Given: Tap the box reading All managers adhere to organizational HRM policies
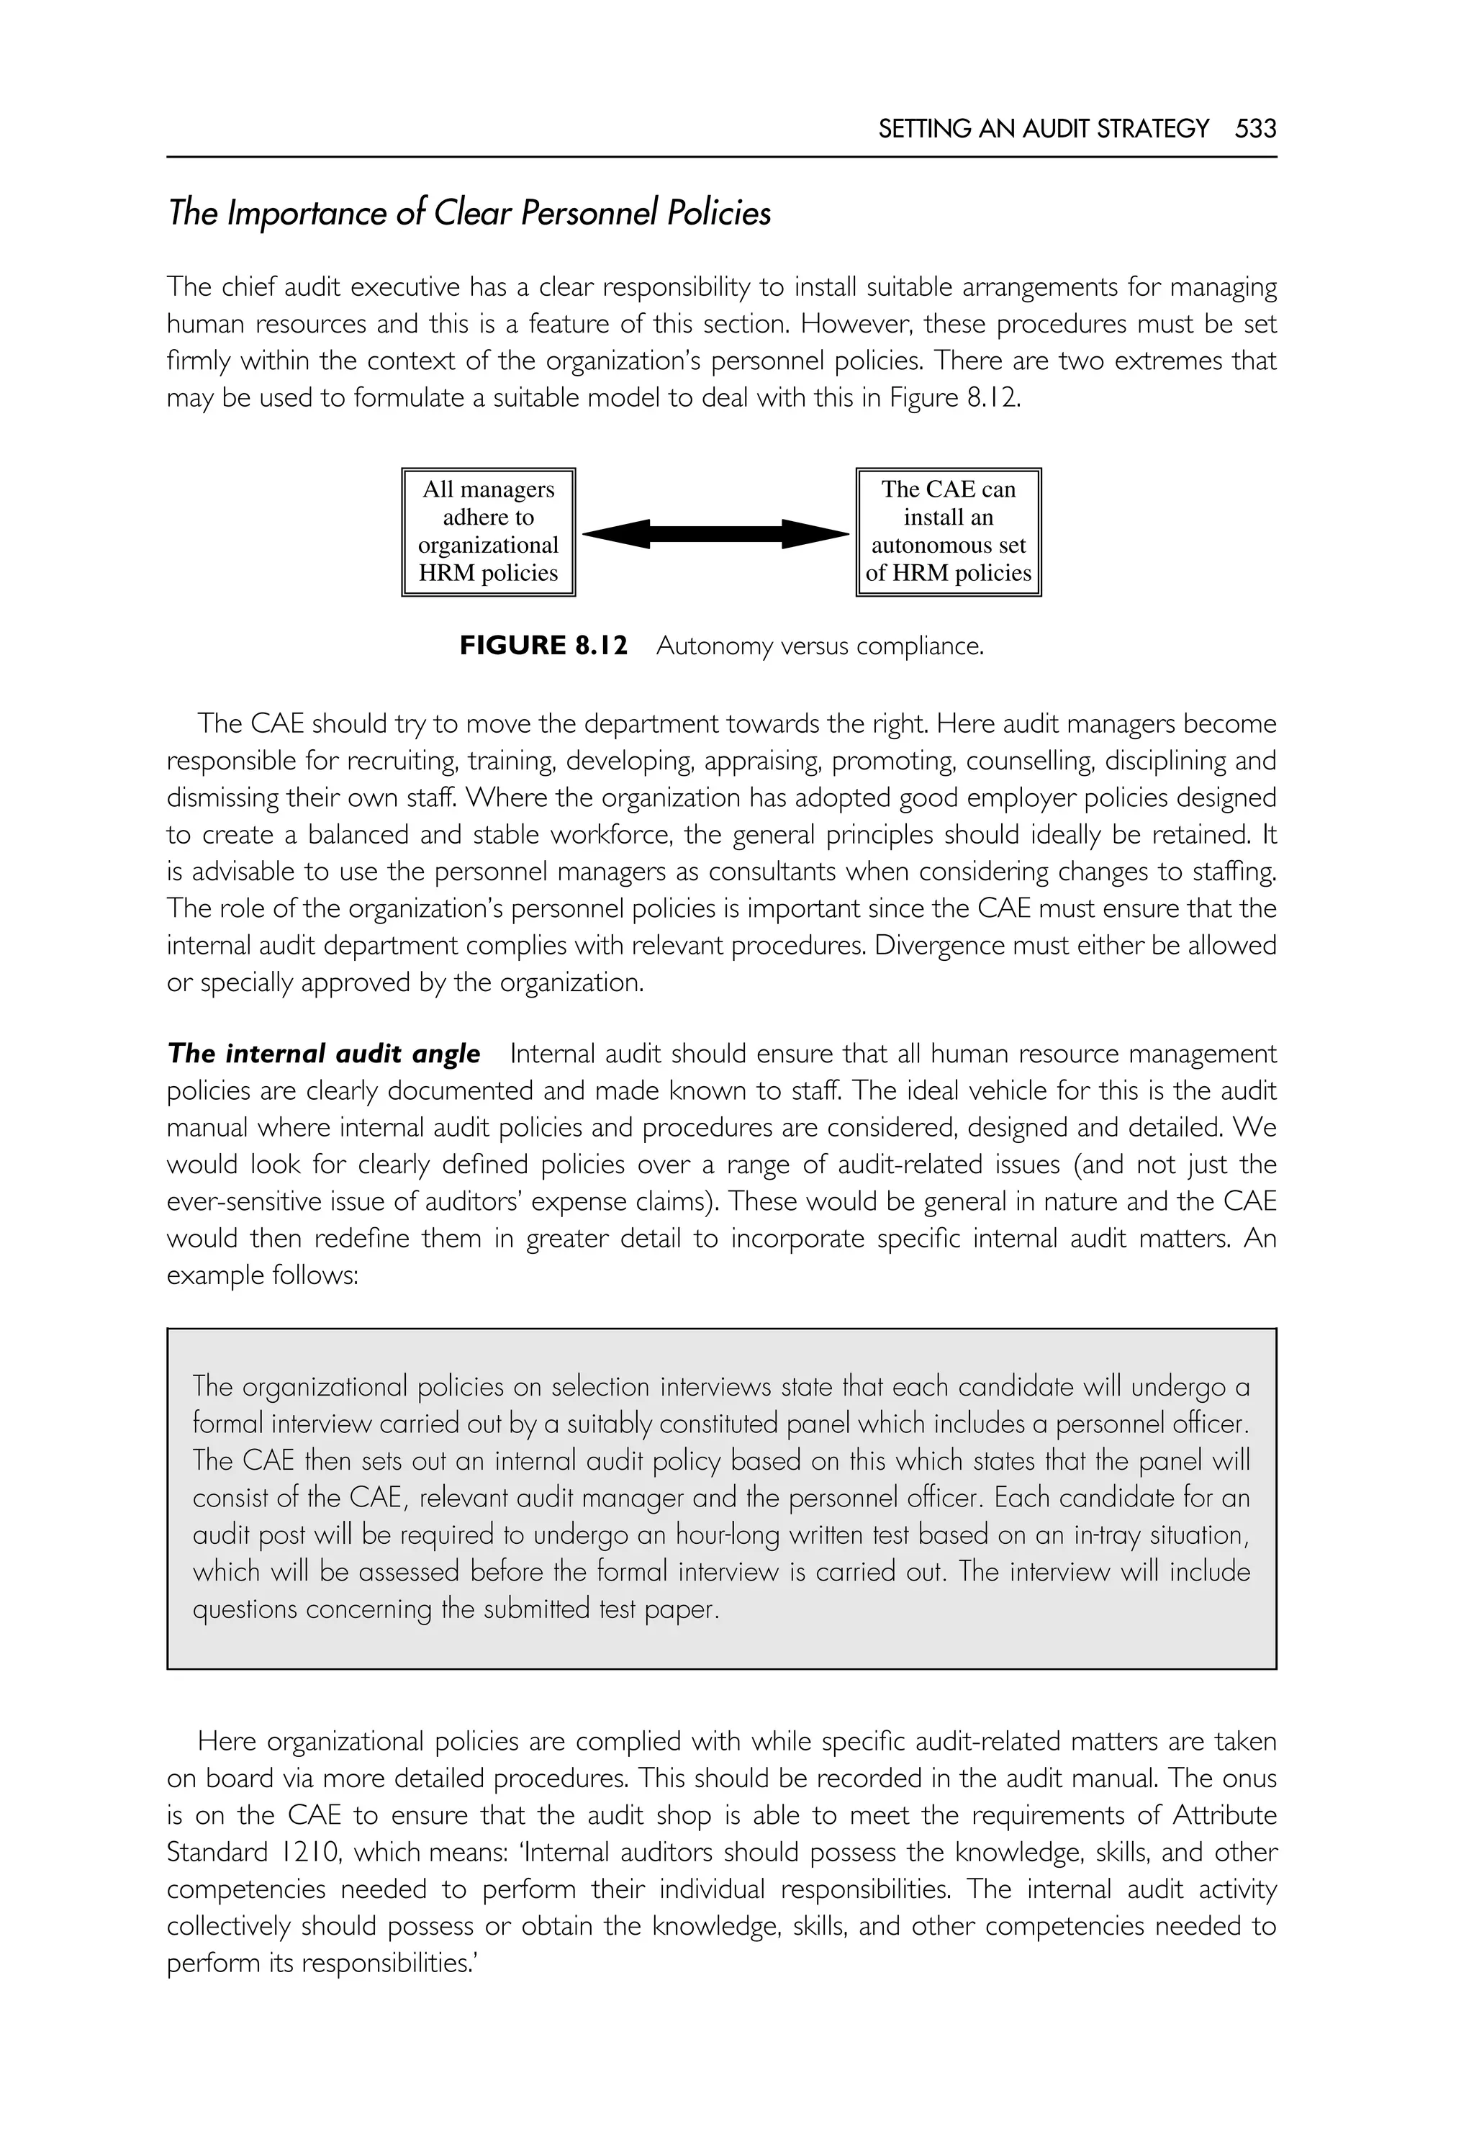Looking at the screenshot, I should tap(489, 531).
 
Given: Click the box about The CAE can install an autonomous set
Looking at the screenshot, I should tap(949, 531).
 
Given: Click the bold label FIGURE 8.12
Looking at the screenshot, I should tap(543, 646).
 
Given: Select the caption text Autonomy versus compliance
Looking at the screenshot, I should tap(820, 646).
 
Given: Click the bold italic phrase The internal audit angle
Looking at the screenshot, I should tap(324, 1054).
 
